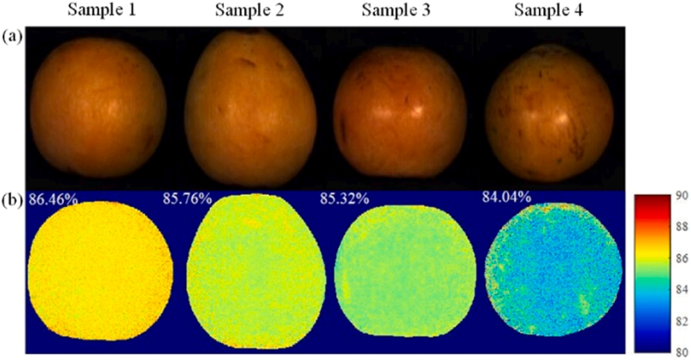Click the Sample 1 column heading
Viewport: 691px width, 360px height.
click(101, 9)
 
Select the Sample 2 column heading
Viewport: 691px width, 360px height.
click(249, 9)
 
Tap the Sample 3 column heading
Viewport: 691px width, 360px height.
click(396, 9)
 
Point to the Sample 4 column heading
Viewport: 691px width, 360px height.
click(548, 9)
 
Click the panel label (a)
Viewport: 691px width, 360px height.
click(12, 36)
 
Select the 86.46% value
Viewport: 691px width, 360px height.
click(54, 199)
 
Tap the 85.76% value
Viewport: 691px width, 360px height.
click(187, 199)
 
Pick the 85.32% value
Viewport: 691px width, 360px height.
click(344, 199)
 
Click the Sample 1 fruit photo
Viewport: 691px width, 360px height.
click(98, 107)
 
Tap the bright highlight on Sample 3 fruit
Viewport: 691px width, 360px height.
click(415, 111)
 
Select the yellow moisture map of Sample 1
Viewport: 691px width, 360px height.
click(100, 270)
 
